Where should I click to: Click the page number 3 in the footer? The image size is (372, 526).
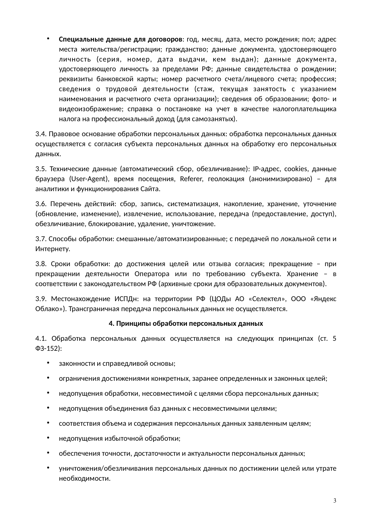click(335, 501)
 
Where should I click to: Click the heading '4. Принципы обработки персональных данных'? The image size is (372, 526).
click(186, 324)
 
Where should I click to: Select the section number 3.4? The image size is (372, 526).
click(41, 134)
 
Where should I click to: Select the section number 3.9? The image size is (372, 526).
click(41, 299)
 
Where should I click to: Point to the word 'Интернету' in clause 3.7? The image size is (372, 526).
click(52, 249)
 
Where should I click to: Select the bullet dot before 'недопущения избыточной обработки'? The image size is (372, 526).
click(48, 438)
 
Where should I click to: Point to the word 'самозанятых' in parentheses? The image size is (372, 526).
click(218, 119)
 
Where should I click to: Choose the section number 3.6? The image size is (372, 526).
click(41, 204)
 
